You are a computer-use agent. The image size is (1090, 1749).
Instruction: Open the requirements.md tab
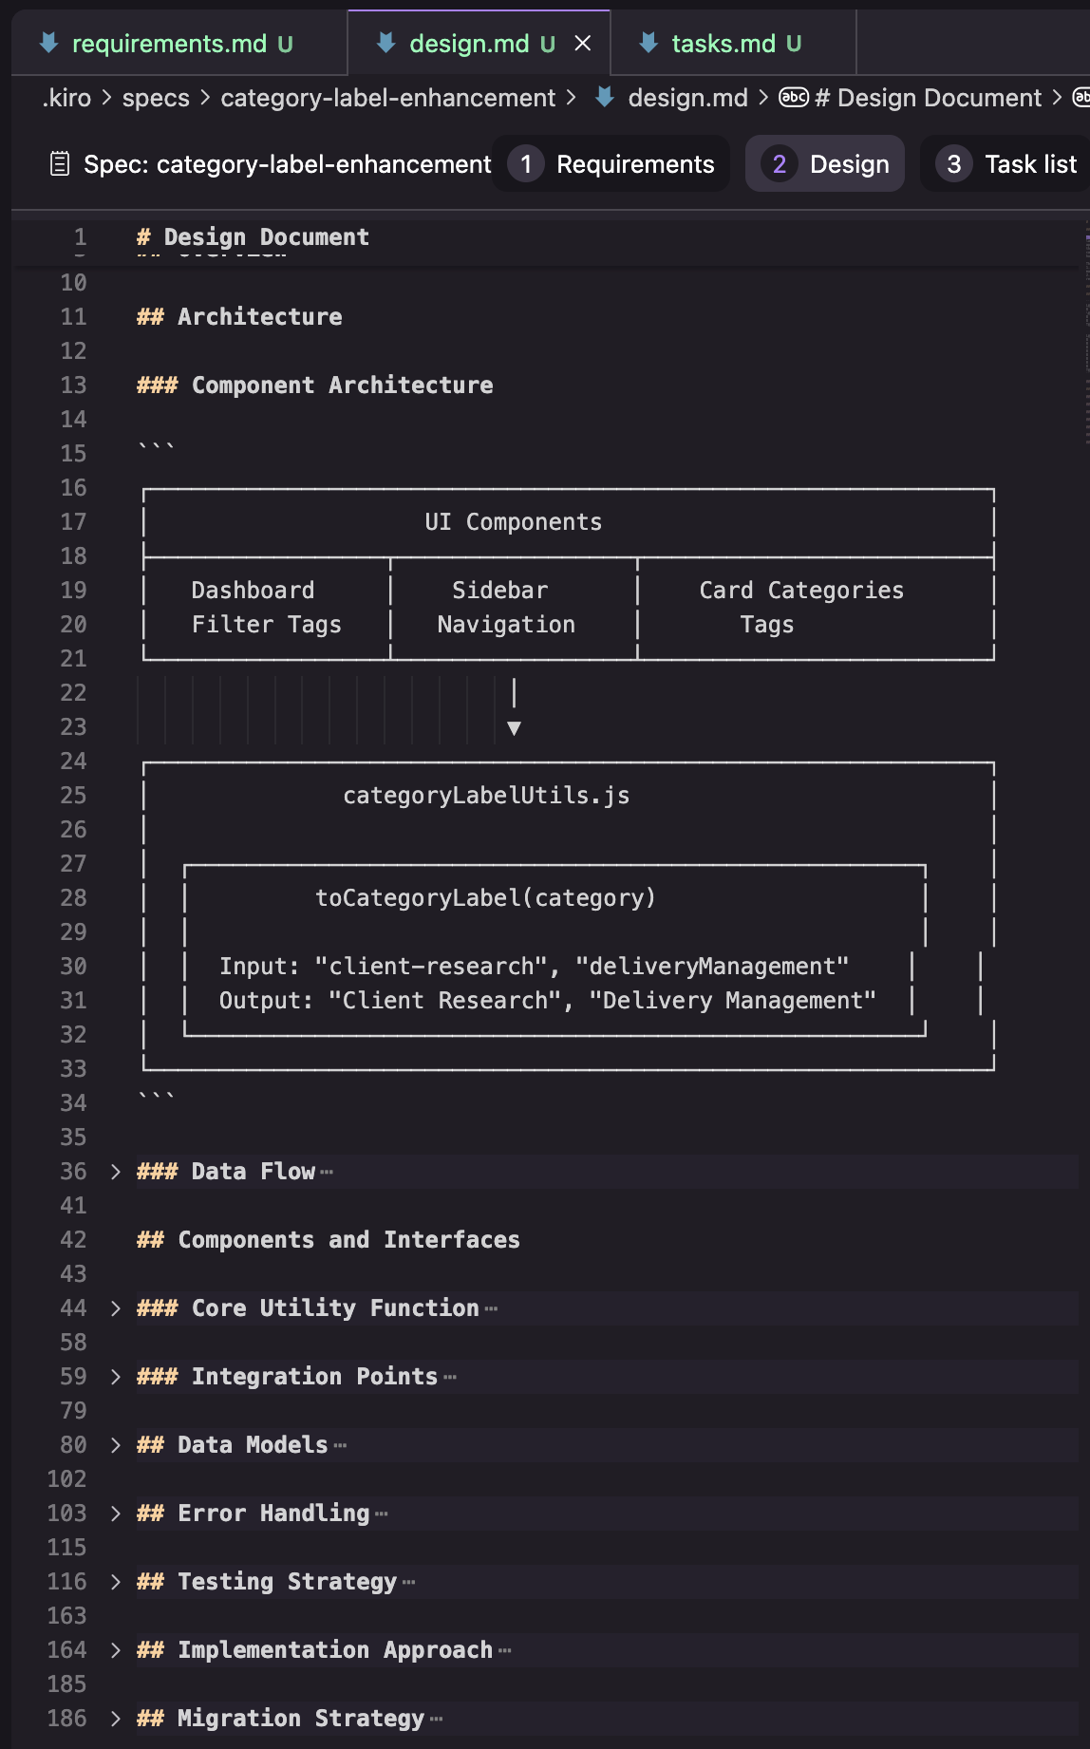169,44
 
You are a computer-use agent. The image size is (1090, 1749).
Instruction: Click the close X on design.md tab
583,44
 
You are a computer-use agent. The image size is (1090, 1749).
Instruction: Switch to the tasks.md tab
723,44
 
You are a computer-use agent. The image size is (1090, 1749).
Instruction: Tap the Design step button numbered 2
825,164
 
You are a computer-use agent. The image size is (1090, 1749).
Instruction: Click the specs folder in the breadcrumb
156,98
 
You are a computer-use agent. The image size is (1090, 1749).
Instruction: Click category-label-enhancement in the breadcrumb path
387,98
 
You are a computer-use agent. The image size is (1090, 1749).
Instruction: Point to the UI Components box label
513,522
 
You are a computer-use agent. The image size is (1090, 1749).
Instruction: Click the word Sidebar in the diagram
499,591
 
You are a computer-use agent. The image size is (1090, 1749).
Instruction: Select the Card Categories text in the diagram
801,591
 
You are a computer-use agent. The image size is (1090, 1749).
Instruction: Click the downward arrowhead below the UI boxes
514,728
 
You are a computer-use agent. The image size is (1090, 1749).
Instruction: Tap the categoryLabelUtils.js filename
486,796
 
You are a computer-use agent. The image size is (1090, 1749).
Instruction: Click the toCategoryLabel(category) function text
485,898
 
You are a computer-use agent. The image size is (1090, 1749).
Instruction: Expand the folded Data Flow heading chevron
115,1172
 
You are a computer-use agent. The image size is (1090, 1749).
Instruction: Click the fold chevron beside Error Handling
115,1514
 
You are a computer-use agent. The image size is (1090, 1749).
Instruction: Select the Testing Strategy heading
287,1582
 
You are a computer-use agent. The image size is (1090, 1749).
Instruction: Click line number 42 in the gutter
73,1240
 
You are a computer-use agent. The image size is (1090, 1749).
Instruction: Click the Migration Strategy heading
300,1719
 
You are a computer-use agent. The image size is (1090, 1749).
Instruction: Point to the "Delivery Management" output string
732,1001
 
